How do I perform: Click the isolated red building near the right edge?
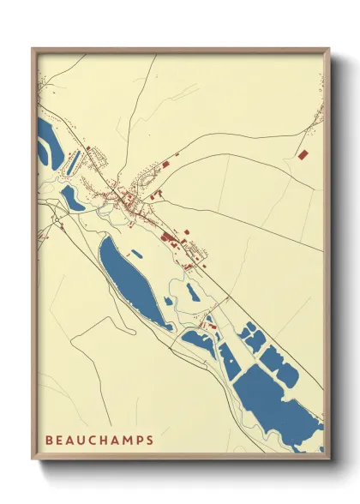[303, 153]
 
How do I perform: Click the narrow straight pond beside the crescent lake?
[75, 159]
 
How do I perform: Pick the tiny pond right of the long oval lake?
[137, 255]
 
